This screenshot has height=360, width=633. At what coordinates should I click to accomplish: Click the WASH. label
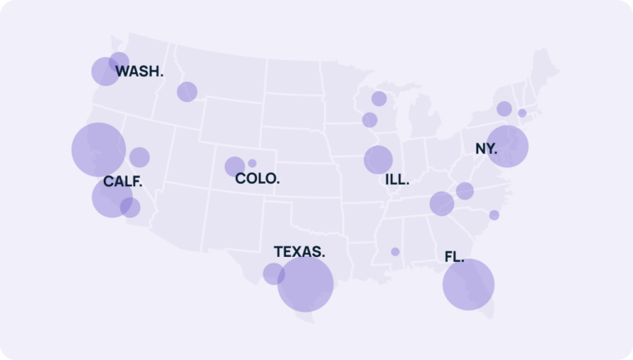pos(139,72)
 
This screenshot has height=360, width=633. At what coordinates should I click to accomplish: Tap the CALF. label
pos(123,182)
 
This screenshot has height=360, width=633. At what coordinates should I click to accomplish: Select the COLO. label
pos(257,178)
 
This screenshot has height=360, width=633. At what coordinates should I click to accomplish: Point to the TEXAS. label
pos(299,251)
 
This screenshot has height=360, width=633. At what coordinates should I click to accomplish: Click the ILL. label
pos(396,179)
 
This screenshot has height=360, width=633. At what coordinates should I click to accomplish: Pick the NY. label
pos(486,149)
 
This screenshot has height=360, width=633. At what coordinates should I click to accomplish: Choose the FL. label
pos(454,257)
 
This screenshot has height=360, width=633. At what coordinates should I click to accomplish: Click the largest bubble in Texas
pos(305,283)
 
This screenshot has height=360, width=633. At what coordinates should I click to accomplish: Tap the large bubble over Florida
pos(468,284)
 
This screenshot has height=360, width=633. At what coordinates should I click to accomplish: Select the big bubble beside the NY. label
pos(507,146)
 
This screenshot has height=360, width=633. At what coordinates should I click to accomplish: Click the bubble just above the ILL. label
pos(378,159)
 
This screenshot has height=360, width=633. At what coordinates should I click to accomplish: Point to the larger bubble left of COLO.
pos(235,166)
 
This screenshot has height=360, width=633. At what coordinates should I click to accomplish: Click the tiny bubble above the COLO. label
pos(252,163)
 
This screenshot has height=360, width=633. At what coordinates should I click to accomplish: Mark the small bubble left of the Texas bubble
pos(274,274)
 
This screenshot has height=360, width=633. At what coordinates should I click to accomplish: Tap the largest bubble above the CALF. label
pos(98,149)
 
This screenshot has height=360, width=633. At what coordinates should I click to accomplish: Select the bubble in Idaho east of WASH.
pos(187,91)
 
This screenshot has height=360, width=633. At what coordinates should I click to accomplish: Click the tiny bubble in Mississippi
pos(395,251)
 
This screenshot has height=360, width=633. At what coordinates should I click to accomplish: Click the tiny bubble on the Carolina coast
pos(494,215)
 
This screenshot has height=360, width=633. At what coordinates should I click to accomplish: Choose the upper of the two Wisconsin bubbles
pos(379,99)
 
